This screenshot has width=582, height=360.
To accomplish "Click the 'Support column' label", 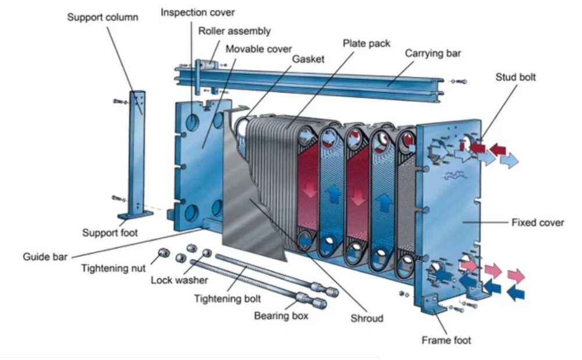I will coord(102,17).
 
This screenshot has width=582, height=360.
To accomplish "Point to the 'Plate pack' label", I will coord(366,43).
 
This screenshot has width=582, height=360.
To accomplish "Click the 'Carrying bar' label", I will coord(433,54).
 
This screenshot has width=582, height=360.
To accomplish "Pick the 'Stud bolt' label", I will coord(516,77).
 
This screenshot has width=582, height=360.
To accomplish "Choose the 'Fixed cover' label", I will coord(537,222).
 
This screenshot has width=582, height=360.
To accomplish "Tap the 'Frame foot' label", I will coord(446,340).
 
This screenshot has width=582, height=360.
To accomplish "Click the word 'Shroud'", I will coord(367,318).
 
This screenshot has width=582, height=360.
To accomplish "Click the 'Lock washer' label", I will coord(179,280).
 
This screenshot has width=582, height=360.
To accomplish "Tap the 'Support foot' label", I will coord(110,233).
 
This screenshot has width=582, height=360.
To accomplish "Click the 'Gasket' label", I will coord(308,59).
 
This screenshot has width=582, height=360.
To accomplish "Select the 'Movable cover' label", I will coord(258,49).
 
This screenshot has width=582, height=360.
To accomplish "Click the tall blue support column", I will coord(137,151).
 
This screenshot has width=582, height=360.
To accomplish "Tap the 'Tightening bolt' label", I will coord(227,298).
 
